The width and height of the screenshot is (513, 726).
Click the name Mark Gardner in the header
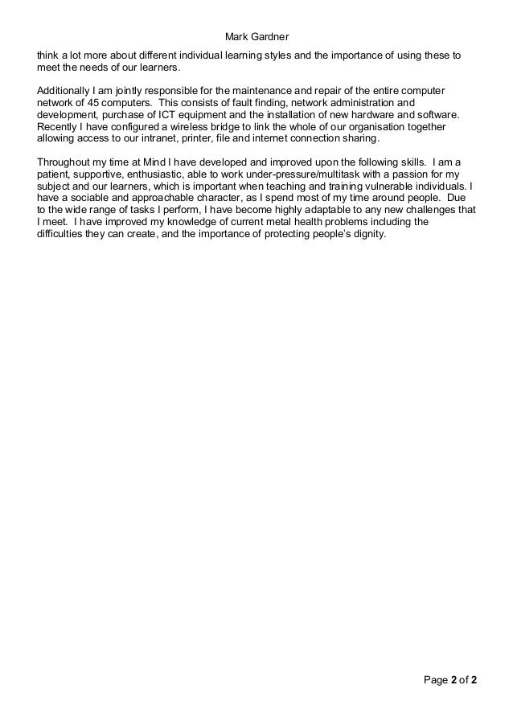pyautogui.click(x=256, y=37)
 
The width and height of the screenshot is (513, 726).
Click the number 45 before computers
pyautogui.click(x=87, y=104)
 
